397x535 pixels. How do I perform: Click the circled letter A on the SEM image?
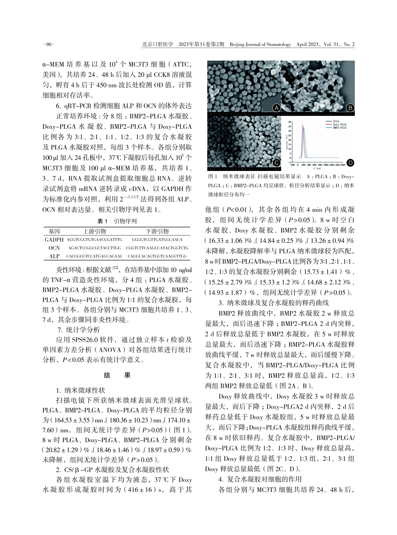coord(276,108)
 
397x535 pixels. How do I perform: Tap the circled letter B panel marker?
coord(350,108)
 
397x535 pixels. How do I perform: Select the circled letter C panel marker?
coord(276,162)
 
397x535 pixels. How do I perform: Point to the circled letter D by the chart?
coord(350,162)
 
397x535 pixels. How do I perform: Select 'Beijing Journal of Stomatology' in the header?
coord(260,44)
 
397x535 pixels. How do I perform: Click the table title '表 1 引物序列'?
coord(120,221)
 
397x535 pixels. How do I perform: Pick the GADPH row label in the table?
coord(54,239)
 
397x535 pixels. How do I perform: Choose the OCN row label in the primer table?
coord(54,247)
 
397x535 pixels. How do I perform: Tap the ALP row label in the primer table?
coord(54,255)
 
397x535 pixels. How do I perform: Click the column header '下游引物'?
coord(157,231)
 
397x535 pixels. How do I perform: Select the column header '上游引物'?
coord(94,231)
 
